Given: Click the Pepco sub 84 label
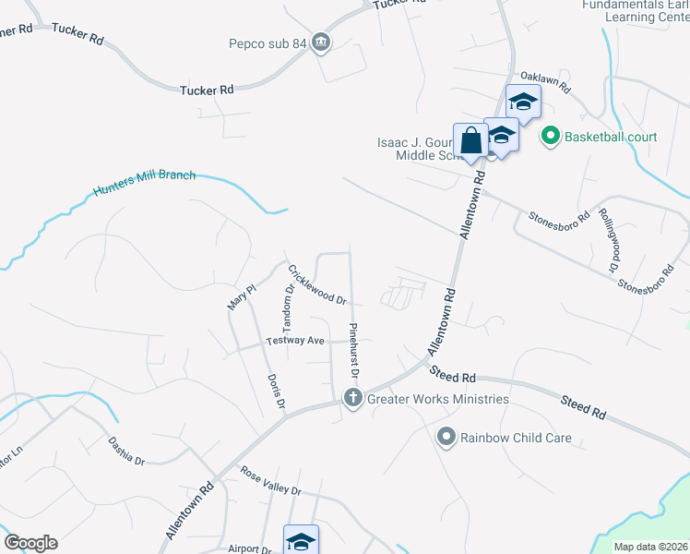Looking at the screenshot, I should point(268,42).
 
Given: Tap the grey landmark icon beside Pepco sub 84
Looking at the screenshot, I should point(321,42).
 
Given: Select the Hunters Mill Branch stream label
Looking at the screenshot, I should point(144,184).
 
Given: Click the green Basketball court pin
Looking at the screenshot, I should point(551,137).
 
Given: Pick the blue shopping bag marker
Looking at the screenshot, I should point(471,142).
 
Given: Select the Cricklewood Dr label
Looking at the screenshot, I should point(316,286).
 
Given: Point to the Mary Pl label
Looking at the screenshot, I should point(241,296).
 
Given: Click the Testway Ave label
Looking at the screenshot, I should point(295,341).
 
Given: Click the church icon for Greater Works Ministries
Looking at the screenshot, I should point(351,398).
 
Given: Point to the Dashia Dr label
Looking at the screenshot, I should point(126,451).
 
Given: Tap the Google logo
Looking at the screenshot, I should point(30,543).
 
